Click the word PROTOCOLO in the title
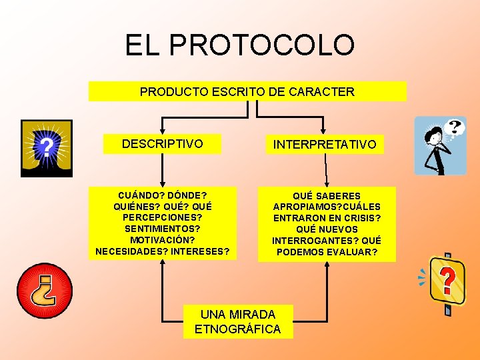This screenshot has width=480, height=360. pyautogui.click(x=262, y=45)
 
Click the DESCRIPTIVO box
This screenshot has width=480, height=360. pyautogui.click(x=162, y=143)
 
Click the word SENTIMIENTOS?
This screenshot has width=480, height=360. pyautogui.click(x=163, y=229)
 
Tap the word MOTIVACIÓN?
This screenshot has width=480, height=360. pyautogui.click(x=163, y=240)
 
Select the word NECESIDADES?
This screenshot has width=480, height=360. pyautogui.click(x=131, y=251)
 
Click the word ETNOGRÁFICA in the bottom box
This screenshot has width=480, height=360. pyautogui.click(x=237, y=329)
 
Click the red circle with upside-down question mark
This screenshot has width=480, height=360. pyautogui.click(x=44, y=291)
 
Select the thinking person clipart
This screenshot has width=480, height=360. pyautogui.click(x=439, y=145)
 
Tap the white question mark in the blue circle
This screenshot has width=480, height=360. pyautogui.click(x=45, y=145)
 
